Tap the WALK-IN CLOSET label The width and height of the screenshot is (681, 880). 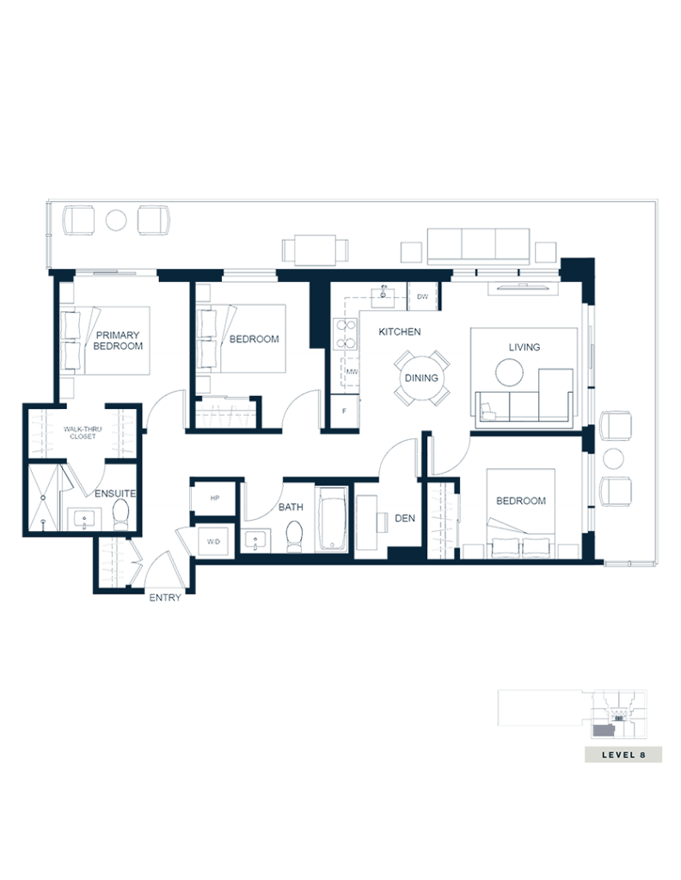pyautogui.click(x=83, y=432)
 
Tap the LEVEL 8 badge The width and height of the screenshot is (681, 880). pyautogui.click(x=623, y=755)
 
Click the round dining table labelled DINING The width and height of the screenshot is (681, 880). pyautogui.click(x=421, y=377)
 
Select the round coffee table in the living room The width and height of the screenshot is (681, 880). pyautogui.click(x=508, y=372)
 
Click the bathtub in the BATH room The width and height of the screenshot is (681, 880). pyautogui.click(x=331, y=519)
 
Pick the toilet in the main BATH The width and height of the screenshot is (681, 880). pyautogui.click(x=294, y=535)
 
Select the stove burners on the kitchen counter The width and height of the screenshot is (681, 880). pyautogui.click(x=345, y=334)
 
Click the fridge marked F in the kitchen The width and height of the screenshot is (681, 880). pyautogui.click(x=345, y=411)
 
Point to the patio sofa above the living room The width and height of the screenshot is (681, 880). pyautogui.click(x=479, y=244)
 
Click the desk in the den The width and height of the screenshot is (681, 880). pyautogui.click(x=367, y=522)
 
